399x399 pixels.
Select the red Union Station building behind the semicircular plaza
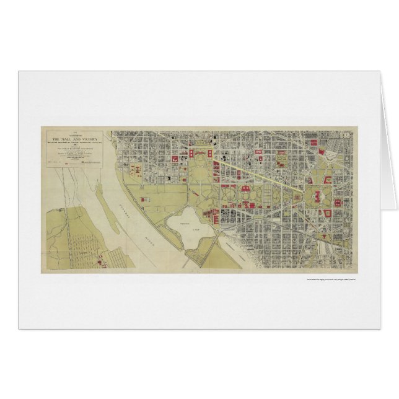[x=322, y=144]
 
